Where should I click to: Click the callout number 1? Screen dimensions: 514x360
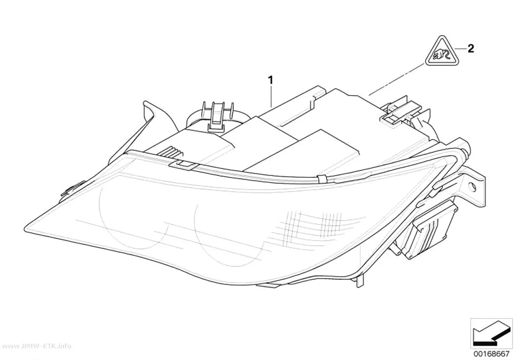click(x=270, y=80)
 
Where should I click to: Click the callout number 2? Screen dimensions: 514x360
click(x=471, y=49)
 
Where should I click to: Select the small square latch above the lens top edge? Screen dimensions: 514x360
click(x=183, y=165)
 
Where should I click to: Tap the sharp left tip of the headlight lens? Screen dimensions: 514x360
click(x=24, y=226)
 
